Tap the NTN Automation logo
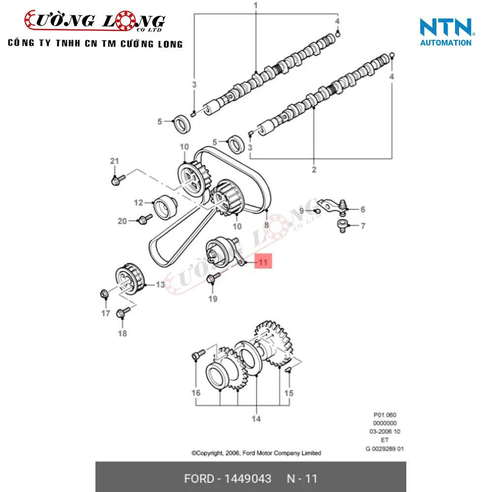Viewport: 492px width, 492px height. (446, 32)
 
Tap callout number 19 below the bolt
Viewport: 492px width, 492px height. (212, 298)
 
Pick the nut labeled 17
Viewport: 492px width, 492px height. (104, 295)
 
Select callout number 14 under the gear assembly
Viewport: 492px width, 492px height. (256, 419)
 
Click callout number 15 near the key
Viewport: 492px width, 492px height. (289, 393)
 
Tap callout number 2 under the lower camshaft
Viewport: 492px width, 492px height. (314, 170)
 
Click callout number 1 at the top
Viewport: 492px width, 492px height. (255, 5)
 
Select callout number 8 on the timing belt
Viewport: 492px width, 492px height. (266, 224)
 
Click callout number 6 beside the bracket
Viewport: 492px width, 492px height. (362, 210)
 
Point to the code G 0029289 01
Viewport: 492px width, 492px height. (384, 448)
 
